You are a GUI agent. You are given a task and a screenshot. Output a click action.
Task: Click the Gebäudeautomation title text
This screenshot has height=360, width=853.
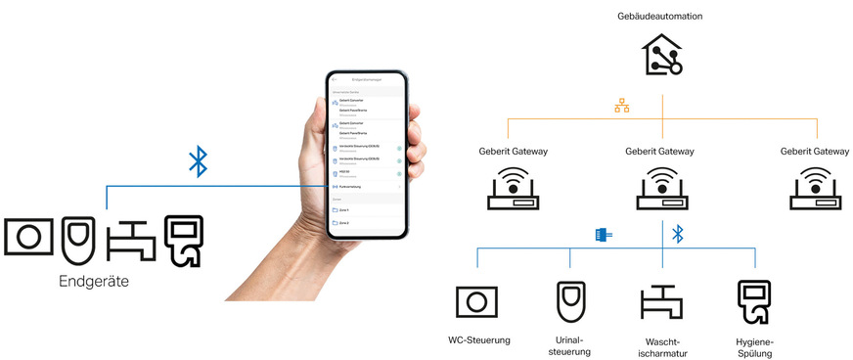coord(659,17)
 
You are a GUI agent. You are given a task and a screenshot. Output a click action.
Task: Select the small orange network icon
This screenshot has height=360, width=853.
coord(620,105)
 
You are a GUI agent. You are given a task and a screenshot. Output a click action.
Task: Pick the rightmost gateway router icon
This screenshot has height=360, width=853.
coord(816,188)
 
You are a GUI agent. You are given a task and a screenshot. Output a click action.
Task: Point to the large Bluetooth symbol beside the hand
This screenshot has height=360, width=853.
coord(198,161)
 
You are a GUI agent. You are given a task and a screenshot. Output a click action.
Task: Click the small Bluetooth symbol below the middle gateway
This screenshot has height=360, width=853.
coord(677,234)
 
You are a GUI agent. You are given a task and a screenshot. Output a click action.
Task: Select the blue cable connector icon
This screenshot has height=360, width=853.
coord(603,235)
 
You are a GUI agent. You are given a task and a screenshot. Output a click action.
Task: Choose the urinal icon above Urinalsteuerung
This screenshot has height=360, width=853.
coord(569,300)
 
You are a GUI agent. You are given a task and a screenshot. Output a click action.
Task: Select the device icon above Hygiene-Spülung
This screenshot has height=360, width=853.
coord(753,301)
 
